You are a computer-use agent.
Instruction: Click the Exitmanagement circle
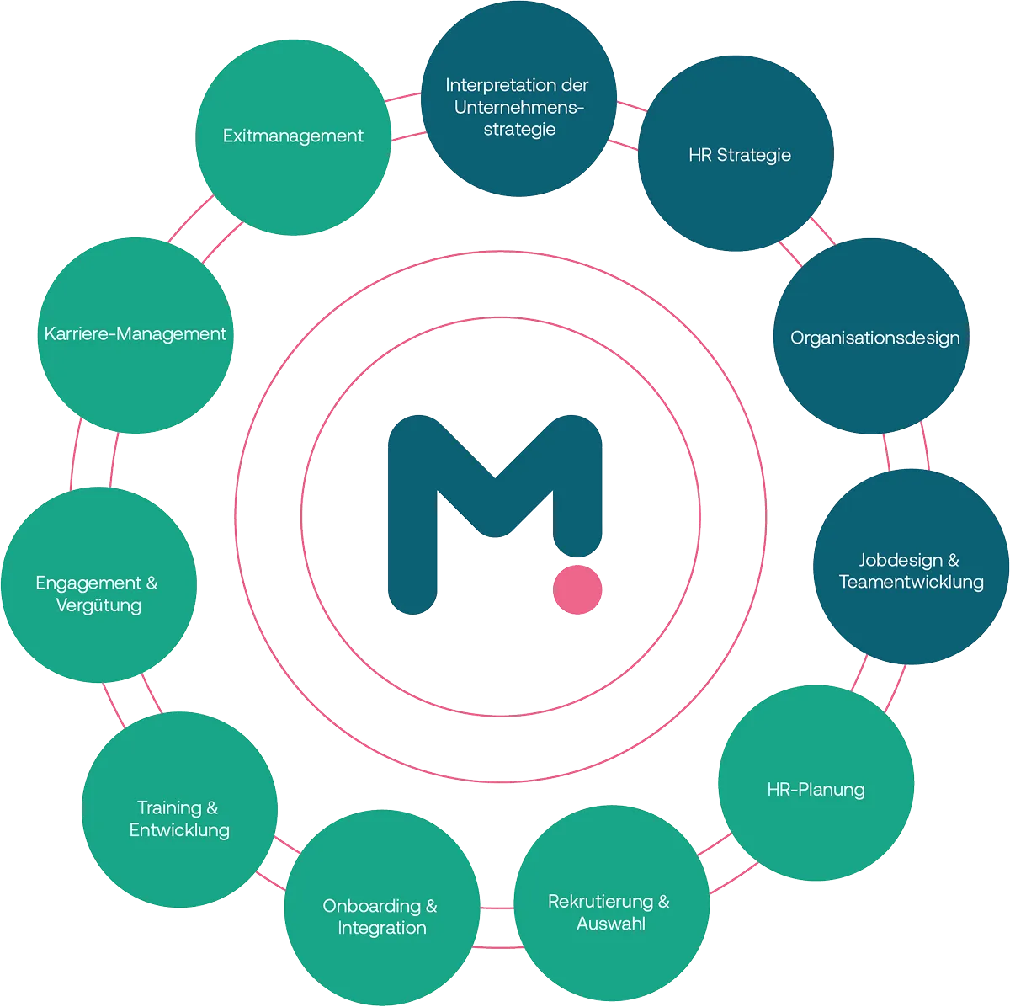pyautogui.click(x=293, y=136)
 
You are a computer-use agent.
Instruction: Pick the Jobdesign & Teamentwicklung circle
pyautogui.click(x=911, y=569)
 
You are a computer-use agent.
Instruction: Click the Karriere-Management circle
pyautogui.click(x=135, y=334)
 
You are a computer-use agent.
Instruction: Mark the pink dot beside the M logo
pyautogui.click(x=577, y=589)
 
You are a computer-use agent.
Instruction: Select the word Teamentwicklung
pyautogui.click(x=911, y=582)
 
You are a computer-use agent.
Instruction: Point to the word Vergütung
pyautogui.click(x=98, y=605)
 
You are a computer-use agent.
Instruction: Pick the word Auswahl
pyautogui.click(x=611, y=924)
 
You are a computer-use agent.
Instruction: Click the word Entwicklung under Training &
pyautogui.click(x=179, y=830)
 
